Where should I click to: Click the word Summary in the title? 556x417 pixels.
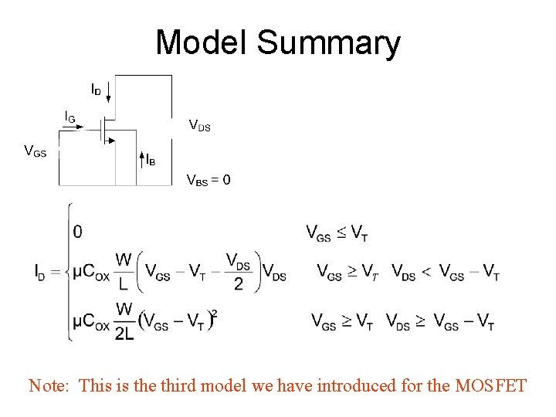pyautogui.click(x=329, y=44)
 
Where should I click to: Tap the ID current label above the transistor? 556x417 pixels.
pyautogui.click(x=96, y=90)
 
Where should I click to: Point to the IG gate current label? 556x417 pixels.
pyautogui.click(x=69, y=117)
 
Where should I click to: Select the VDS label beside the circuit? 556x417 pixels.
pyautogui.click(x=200, y=124)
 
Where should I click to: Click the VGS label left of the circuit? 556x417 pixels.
pyautogui.click(x=36, y=151)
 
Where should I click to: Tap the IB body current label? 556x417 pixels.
pyautogui.click(x=151, y=161)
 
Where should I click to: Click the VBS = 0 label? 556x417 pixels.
pyautogui.click(x=208, y=181)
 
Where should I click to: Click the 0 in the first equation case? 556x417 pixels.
pyautogui.click(x=78, y=231)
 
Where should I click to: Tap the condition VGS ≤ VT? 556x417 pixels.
pyautogui.click(x=337, y=232)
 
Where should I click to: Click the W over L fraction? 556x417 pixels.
pyautogui.click(x=124, y=271)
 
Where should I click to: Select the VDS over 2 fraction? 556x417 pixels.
pyautogui.click(x=238, y=271)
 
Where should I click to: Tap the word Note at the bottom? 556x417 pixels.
pyautogui.click(x=49, y=385)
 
